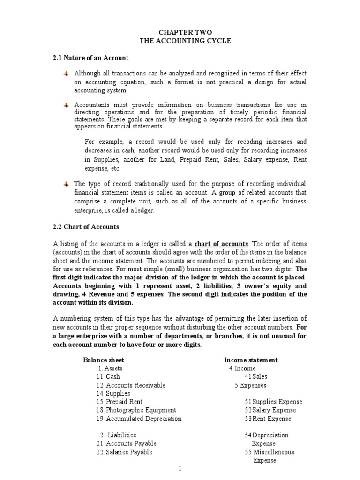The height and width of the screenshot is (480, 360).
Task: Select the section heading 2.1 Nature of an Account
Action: [x=90, y=58]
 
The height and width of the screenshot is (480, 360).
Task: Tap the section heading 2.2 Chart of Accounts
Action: [x=86, y=227]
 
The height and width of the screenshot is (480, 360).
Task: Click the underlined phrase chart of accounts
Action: [x=221, y=244]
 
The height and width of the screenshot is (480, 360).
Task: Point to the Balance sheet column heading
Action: [x=104, y=360]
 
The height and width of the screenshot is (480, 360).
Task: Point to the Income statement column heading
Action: [x=251, y=360]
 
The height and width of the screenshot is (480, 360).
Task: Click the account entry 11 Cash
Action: [x=108, y=376]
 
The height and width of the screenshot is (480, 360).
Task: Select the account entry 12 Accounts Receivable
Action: [x=131, y=385]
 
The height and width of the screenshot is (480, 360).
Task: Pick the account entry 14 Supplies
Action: [x=113, y=393]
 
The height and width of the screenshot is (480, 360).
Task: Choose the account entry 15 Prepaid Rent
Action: [x=119, y=402]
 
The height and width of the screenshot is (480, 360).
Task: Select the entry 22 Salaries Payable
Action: [x=124, y=452]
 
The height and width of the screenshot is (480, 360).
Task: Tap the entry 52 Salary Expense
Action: [x=268, y=410]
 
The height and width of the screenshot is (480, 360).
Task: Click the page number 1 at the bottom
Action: [x=180, y=469]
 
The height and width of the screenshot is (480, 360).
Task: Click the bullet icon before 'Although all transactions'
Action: [x=66, y=74]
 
